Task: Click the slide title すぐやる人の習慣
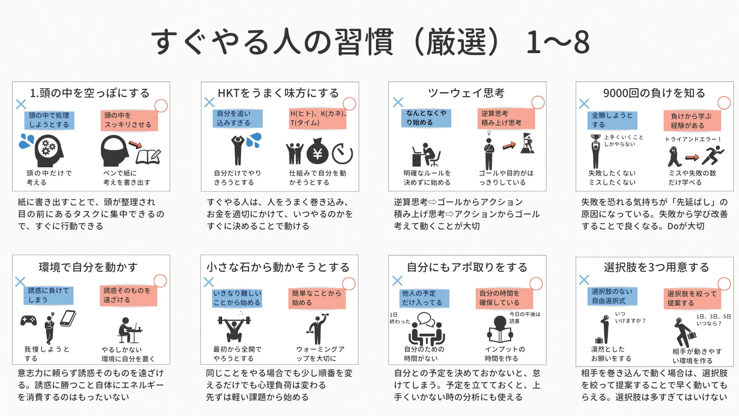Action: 273,42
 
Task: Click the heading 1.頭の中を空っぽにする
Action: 90,93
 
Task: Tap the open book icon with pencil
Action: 148,156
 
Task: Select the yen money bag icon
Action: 317,151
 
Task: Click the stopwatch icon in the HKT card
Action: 342,153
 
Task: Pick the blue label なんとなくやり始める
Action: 426,118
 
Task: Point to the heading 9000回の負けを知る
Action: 654,93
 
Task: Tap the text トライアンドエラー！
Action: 693,139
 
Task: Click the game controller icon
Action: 29,320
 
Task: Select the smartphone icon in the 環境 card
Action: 68,318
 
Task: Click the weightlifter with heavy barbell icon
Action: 234,327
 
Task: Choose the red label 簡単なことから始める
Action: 316,298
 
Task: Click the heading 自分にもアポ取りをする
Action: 467,267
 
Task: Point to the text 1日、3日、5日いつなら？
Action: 713,320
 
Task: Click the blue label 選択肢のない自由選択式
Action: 612,296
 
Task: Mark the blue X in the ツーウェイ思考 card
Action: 398,102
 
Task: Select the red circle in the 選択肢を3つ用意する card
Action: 724,283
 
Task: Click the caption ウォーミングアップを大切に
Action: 320,354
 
